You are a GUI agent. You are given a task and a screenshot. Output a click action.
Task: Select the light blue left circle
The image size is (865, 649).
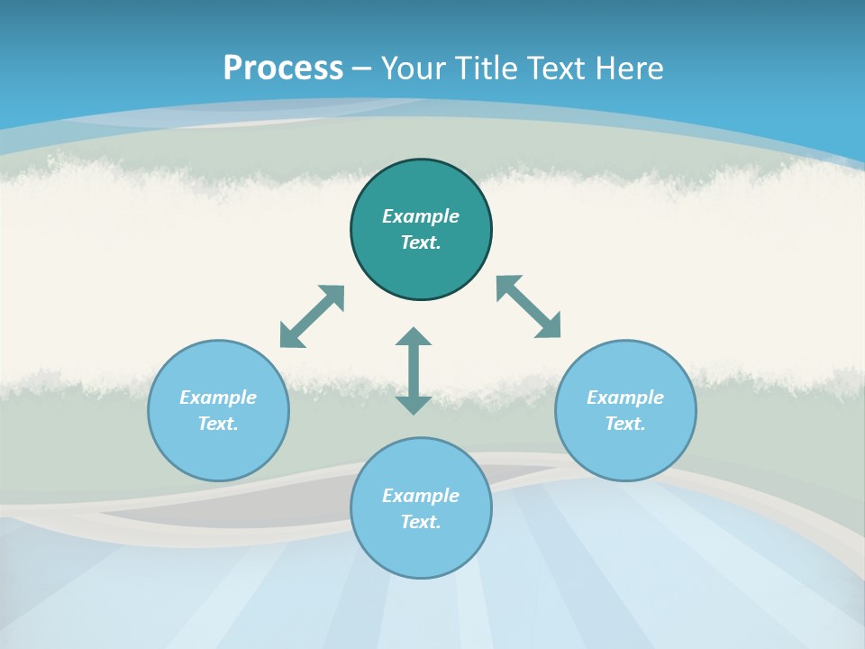218,451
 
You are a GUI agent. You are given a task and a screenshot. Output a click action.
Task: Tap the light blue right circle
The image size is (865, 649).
625,451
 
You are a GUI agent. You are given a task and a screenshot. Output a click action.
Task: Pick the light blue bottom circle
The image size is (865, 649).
421,550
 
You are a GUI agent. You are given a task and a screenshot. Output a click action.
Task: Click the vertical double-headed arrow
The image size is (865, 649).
414,370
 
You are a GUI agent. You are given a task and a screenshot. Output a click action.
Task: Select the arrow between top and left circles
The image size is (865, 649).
312,316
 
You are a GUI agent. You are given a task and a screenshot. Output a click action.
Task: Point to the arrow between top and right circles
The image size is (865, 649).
528,306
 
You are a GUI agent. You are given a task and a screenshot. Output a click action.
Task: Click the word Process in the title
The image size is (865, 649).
283,68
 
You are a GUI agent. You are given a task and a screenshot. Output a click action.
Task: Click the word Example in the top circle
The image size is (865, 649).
421,216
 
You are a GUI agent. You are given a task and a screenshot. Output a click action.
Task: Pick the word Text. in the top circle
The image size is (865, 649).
421,242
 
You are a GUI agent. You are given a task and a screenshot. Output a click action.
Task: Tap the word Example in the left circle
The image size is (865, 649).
218,398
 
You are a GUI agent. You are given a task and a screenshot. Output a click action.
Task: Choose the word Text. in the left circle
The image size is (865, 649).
218,424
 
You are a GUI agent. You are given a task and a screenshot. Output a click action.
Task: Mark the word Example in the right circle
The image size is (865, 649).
625,398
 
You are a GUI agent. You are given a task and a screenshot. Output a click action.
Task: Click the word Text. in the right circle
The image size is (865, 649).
625,424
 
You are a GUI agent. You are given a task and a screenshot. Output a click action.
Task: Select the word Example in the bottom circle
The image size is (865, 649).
421,496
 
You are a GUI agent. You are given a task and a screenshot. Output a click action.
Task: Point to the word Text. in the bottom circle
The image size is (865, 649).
421,522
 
